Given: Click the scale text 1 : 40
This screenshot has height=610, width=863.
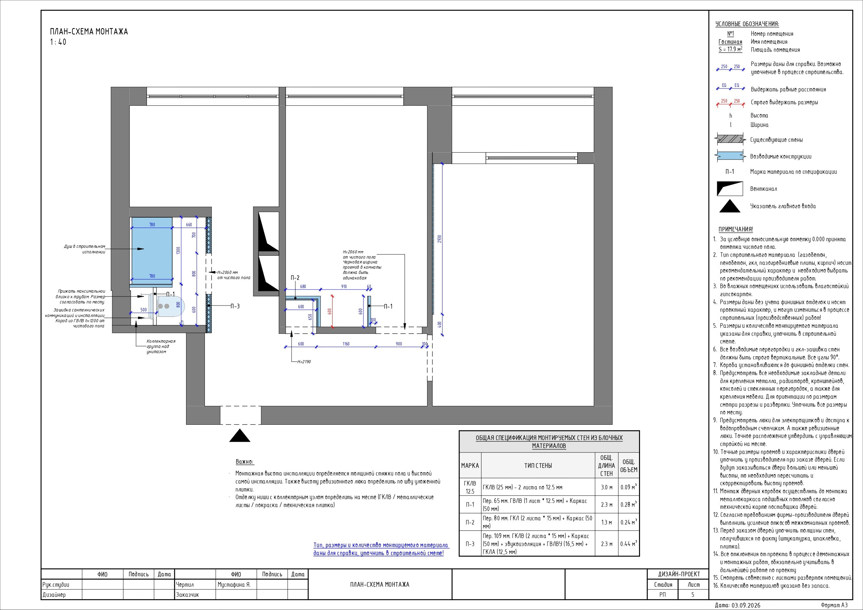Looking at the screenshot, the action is click(x=58, y=42).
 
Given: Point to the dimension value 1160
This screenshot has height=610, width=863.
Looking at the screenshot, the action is click(x=345, y=344).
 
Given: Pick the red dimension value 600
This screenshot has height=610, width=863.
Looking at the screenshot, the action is click(x=330, y=311).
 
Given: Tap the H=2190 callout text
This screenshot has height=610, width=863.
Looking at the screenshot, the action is click(x=304, y=362).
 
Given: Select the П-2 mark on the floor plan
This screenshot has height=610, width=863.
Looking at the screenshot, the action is click(x=295, y=278).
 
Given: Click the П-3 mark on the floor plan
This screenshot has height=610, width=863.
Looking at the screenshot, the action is click(x=235, y=306).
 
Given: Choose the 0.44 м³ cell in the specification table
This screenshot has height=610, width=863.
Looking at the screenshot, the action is click(x=629, y=544).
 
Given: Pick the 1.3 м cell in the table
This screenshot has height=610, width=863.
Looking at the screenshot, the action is click(x=607, y=522).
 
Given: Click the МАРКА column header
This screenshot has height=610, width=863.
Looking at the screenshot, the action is click(x=470, y=466).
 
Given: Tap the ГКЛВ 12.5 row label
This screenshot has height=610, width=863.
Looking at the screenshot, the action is click(x=470, y=487).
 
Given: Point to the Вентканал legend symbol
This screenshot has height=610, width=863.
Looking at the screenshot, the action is click(x=730, y=188).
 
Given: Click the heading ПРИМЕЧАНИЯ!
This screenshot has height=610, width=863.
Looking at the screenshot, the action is click(x=736, y=229).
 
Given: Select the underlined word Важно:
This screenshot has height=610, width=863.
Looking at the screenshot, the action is click(x=245, y=462).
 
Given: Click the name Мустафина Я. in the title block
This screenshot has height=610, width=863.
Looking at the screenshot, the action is click(x=234, y=585).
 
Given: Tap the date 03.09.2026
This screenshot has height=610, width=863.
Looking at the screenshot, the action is click(x=746, y=605).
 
